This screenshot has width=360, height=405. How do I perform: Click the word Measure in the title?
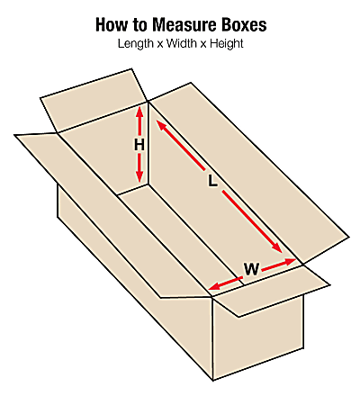184,25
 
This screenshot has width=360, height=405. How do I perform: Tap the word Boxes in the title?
244,25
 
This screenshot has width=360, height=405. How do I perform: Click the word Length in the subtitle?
135,44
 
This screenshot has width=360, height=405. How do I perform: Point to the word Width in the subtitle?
181,43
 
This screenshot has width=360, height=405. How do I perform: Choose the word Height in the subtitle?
227,44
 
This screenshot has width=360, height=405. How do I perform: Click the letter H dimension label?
139,146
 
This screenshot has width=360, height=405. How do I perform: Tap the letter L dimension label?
212,181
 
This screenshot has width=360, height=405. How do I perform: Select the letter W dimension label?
251,269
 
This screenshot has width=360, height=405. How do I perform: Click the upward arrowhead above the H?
139,112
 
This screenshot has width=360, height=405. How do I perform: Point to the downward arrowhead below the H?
139,177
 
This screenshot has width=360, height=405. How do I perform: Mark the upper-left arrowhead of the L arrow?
161,125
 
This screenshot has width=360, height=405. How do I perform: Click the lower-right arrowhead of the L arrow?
276,247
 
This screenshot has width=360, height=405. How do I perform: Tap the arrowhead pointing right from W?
290,262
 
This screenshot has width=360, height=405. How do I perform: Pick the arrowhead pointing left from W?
215,286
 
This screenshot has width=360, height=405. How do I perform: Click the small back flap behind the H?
93,101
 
